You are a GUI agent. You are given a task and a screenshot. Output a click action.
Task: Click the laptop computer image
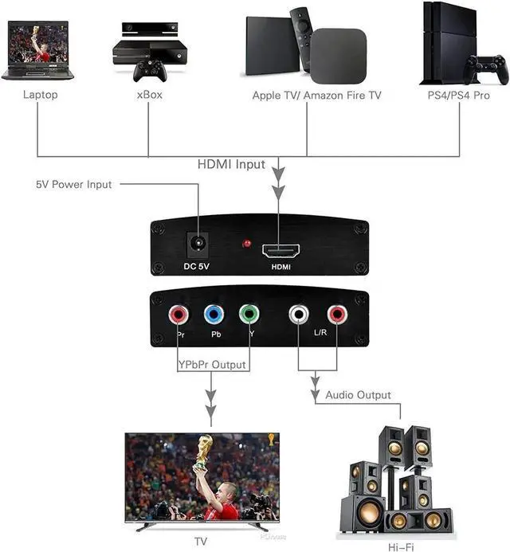click(x=37, y=50)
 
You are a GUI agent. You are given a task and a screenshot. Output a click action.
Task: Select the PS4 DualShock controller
click(x=486, y=69)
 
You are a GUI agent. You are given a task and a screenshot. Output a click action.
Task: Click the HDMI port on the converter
click(x=278, y=250)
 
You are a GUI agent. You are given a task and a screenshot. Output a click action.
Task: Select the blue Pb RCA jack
click(x=214, y=315)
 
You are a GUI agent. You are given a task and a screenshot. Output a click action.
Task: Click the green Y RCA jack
click(x=249, y=315)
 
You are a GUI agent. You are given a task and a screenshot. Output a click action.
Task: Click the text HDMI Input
click(x=231, y=165)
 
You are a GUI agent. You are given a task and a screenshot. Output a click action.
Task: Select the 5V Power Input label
click(x=74, y=184)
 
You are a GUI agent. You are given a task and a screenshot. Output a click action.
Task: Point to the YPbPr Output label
click(x=212, y=366)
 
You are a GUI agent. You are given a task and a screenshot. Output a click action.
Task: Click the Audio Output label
click(x=358, y=395)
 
